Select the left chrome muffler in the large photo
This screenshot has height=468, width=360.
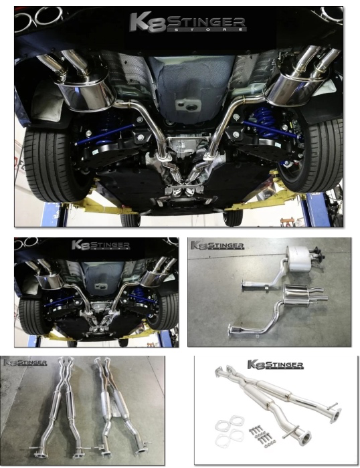point(88,91)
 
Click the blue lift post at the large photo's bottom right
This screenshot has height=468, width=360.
point(308,210)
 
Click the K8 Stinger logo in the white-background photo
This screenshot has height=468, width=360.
point(275,365)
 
